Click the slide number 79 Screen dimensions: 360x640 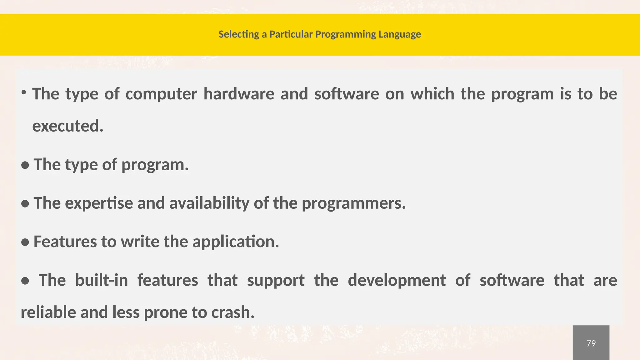pyautogui.click(x=591, y=343)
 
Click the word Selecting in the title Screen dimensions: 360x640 pyautogui.click(x=239, y=34)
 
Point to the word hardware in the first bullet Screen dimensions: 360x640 pyautogui.click(x=239, y=94)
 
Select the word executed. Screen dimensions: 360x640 pyautogui.click(x=68, y=126)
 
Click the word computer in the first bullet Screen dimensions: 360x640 pyautogui.click(x=161, y=94)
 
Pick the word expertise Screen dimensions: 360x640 pyautogui.click(x=99, y=203)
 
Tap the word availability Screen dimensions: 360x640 pyautogui.click(x=209, y=203)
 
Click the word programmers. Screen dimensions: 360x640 pyautogui.click(x=353, y=203)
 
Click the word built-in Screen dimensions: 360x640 pyautogui.click(x=102, y=280)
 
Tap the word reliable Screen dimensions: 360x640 pyautogui.click(x=48, y=312)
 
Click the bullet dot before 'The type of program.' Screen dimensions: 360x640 pyautogui.click(x=25, y=166)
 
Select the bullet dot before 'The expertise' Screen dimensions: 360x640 pyautogui.click(x=25, y=204)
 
